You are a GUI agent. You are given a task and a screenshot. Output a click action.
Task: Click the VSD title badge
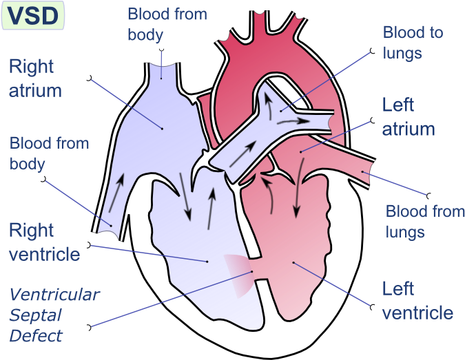[x=33, y=15]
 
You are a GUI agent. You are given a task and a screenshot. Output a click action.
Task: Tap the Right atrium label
[x=35, y=78]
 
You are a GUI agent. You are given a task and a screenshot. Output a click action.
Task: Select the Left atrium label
[x=409, y=117]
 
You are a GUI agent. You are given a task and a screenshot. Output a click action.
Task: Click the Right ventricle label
[x=45, y=242]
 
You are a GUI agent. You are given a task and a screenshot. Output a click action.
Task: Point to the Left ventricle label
[x=417, y=300]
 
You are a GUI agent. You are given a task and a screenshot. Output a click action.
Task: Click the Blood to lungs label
[x=413, y=43]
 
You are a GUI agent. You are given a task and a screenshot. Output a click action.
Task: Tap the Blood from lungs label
[x=424, y=222]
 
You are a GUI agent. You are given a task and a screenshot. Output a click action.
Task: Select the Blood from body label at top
[x=167, y=24]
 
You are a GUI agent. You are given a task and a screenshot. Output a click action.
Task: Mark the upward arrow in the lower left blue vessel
[x=116, y=193]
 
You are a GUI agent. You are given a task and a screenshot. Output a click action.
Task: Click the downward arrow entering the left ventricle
[x=299, y=188]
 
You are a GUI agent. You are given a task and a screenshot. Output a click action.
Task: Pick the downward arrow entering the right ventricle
[x=185, y=197]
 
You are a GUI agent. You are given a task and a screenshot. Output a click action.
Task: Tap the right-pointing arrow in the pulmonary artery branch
[x=293, y=121]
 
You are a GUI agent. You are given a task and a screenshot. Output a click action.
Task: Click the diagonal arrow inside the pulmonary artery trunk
[x=242, y=153]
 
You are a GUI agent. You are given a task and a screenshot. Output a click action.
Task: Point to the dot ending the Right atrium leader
[x=162, y=129]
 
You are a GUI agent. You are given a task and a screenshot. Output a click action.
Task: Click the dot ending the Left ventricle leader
[x=293, y=262]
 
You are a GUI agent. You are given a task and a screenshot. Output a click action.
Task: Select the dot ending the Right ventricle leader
[x=207, y=262]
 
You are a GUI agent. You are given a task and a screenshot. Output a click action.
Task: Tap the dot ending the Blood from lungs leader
[x=362, y=172]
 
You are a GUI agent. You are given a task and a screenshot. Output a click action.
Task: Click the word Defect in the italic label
[x=36, y=336]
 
